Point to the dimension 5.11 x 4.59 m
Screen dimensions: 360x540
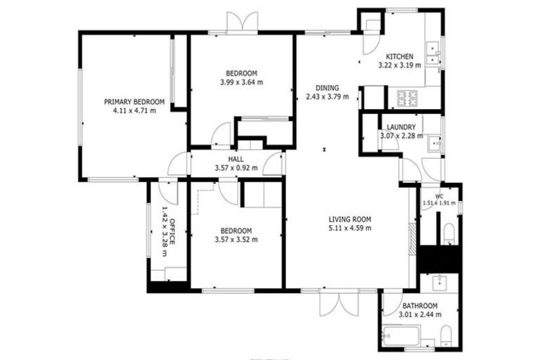[x=349, y=228]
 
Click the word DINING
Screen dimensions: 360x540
[x=328, y=88]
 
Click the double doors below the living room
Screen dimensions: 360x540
[x=338, y=302]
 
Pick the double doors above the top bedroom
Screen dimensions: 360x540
[x=241, y=21]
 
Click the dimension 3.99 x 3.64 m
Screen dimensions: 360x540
[x=241, y=82]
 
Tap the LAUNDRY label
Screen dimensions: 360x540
[x=401, y=127]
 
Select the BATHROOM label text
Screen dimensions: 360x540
[x=420, y=306]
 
